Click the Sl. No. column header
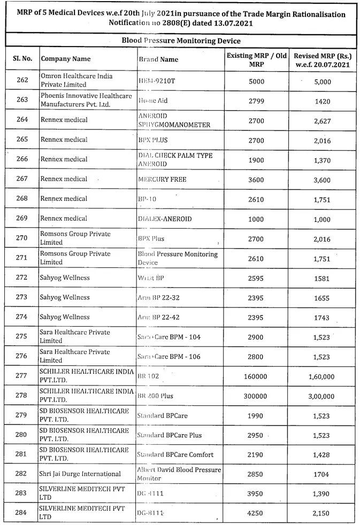pos(22,59)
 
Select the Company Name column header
pos(66,59)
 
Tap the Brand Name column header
pos(158,59)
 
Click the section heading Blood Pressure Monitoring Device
pos(181,41)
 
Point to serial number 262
pos(22,81)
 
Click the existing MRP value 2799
pos(256,101)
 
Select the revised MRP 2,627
pos(323,121)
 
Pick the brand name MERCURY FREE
pos(162,180)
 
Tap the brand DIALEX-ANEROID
pos(165,219)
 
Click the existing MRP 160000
pos(256,376)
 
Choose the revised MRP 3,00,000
pos(321,396)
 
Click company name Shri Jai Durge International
pos(81,474)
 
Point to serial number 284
pos(22,513)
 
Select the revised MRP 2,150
pos(323,513)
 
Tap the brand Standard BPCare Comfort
pos(175,454)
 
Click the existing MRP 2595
pos(256,278)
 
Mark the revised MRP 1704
pos(323,474)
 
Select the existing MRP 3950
pos(256,493)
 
